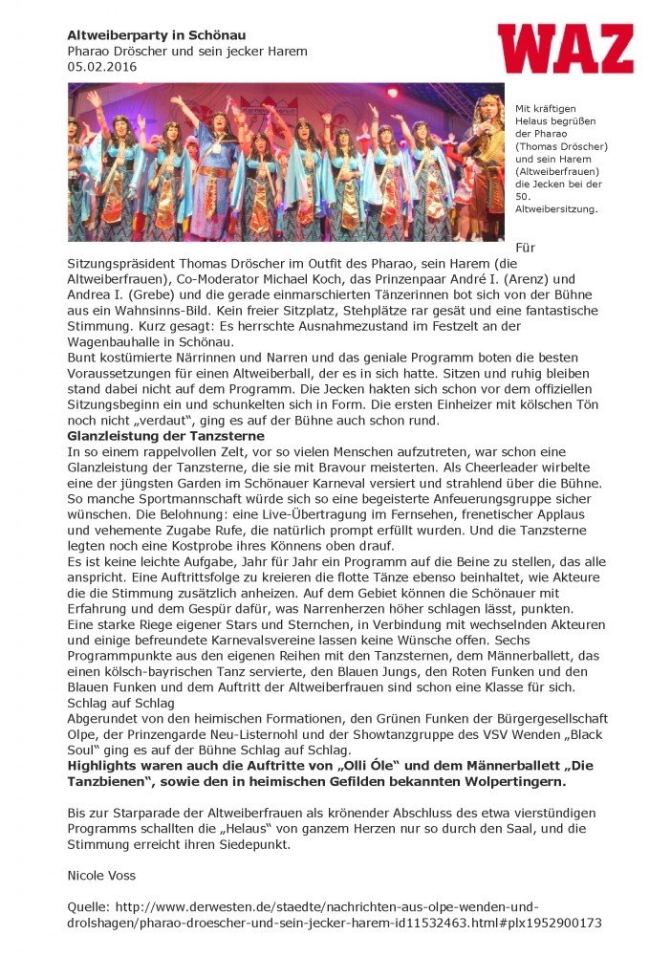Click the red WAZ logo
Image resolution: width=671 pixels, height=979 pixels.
click(565, 50)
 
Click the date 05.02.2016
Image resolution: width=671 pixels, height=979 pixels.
click(101, 67)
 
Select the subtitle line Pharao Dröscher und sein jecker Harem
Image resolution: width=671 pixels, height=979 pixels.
click(186, 51)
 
